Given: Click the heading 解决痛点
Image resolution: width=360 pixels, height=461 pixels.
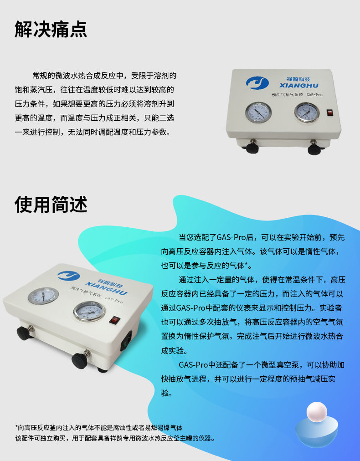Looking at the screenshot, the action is click(x=51, y=29).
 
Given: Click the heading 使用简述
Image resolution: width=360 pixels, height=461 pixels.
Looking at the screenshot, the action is click(x=51, y=205).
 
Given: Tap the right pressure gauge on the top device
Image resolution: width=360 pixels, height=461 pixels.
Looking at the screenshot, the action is click(x=307, y=113).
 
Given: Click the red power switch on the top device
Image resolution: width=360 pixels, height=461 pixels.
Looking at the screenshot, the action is click(x=330, y=112).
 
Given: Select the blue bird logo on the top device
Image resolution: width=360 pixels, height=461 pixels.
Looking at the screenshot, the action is click(x=257, y=83).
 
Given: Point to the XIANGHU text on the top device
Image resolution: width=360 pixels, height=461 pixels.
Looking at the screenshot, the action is click(x=299, y=86).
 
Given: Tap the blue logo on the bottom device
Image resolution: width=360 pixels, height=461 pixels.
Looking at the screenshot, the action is click(x=68, y=276).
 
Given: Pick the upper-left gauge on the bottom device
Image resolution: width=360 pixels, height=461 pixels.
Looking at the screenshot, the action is click(x=43, y=296).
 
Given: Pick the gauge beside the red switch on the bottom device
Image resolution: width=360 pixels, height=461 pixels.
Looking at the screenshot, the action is click(x=89, y=311).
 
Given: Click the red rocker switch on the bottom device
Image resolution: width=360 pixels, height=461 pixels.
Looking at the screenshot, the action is click(x=115, y=320).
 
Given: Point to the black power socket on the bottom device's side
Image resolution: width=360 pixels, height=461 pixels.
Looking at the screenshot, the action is click(x=127, y=341).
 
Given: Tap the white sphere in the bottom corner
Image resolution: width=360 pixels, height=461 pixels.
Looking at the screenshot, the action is click(x=317, y=412).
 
